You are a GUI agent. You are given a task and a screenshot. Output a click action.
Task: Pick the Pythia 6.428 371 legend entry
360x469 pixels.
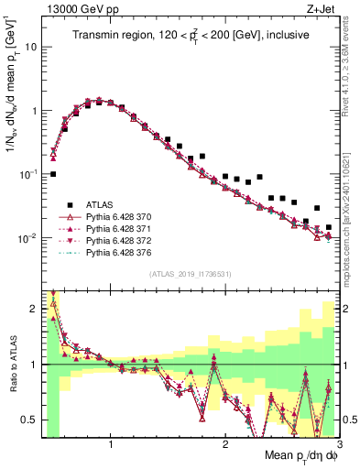point(122,233)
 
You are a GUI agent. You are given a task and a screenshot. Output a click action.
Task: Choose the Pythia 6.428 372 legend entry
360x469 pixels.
point(122,247)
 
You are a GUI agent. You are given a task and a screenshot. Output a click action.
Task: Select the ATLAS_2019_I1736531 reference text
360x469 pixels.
point(190,275)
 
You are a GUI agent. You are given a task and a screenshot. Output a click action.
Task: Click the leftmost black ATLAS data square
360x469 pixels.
point(53,173)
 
